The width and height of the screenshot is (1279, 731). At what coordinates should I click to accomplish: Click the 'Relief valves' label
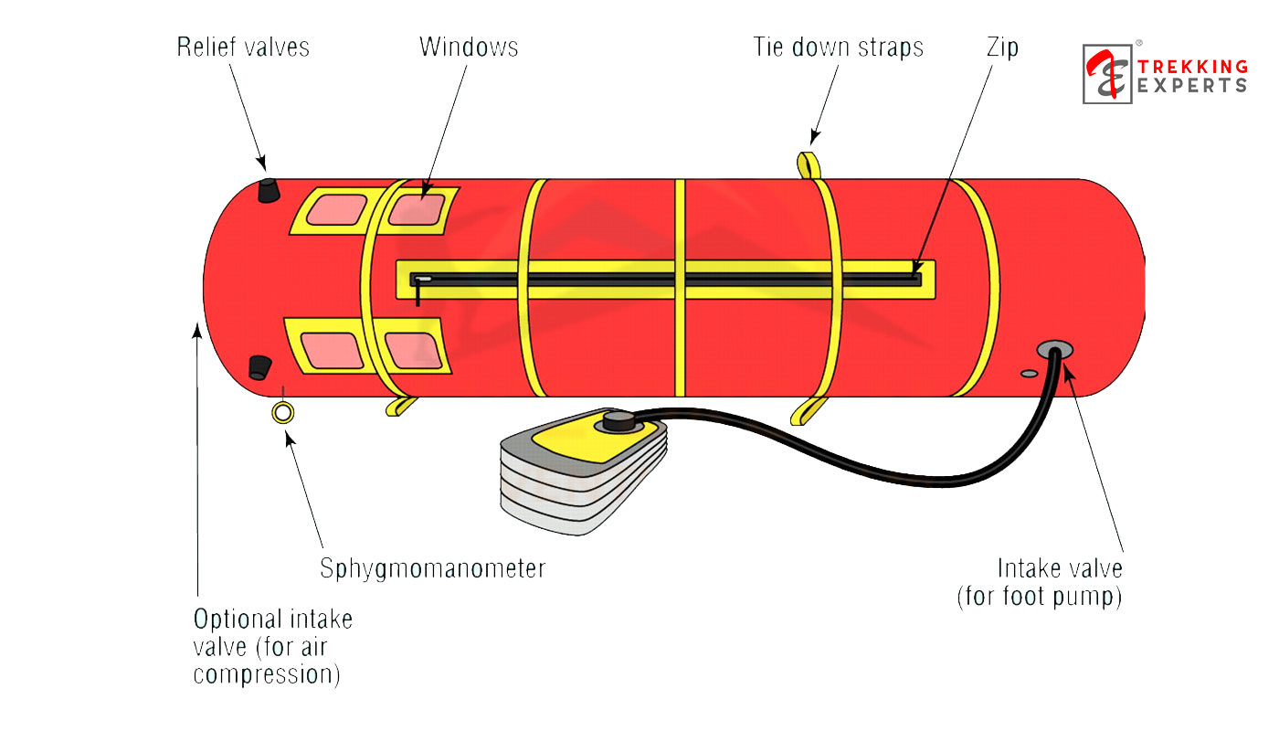[x=243, y=48]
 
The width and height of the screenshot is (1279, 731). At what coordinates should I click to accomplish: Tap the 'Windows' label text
[x=469, y=48]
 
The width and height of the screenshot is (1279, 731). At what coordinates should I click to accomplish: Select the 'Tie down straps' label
[x=838, y=48]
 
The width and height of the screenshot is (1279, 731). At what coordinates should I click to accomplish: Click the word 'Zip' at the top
[x=1002, y=48]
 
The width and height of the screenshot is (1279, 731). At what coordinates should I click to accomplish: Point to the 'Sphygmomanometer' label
[x=432, y=568]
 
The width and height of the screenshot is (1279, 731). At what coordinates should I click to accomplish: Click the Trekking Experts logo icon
[x=1107, y=74]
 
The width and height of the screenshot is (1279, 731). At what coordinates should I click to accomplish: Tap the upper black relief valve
[x=268, y=190]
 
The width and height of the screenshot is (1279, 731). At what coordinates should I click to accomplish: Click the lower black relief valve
[x=260, y=367]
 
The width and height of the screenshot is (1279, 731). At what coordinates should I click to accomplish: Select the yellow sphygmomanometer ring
[x=283, y=413]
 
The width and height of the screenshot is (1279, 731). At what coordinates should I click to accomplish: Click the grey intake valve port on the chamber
[x=1055, y=350]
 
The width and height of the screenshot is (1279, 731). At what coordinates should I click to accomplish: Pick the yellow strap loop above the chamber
[x=809, y=164]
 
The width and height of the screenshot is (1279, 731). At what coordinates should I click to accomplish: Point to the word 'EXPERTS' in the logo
[x=1192, y=85]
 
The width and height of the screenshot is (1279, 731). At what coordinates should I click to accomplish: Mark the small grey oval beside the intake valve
[x=1029, y=373]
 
